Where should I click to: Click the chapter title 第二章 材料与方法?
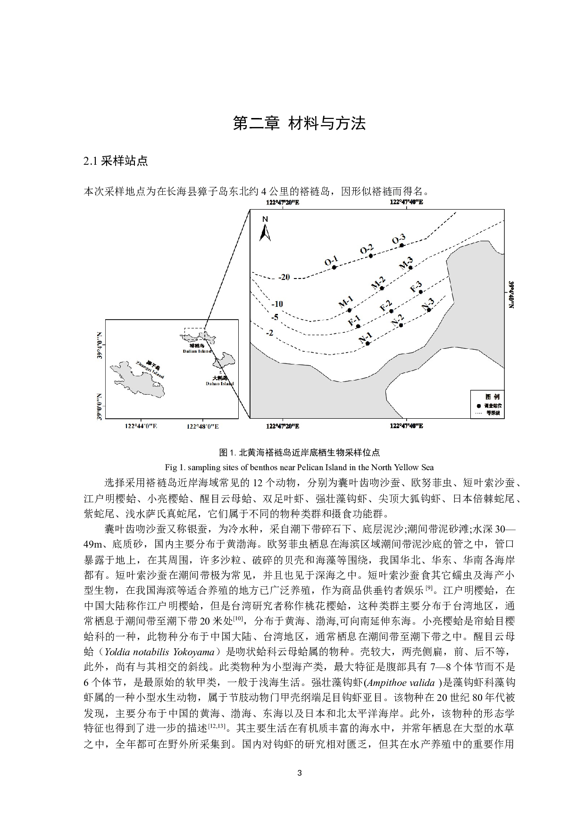coord(299,124)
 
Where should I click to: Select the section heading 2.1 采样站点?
coord(116,161)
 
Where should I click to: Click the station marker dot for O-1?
coord(334,267)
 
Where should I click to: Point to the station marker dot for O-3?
coord(401,245)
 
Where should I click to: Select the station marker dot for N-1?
coord(368,344)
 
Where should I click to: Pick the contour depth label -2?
coord(269,333)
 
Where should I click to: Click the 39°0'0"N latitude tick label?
coord(100,406)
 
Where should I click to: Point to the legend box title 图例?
coord(488,396)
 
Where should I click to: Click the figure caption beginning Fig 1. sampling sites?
coord(299,467)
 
